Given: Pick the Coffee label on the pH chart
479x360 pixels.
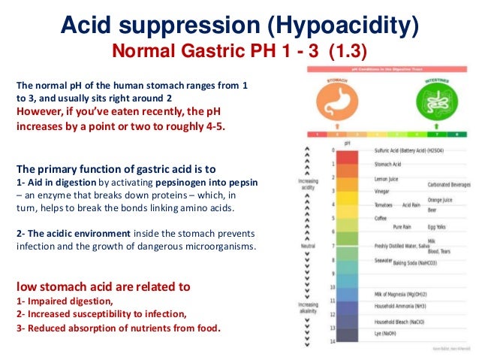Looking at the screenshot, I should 383,217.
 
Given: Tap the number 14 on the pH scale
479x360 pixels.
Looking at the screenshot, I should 333,341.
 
